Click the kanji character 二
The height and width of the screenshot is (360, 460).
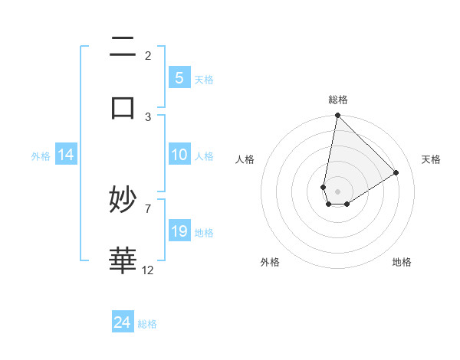click(123, 47)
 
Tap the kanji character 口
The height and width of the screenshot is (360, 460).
click(123, 106)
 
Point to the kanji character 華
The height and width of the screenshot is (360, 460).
click(123, 259)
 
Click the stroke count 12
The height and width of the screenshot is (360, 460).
click(148, 270)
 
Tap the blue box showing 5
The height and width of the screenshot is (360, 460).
click(179, 77)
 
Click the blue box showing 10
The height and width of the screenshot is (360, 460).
click(179, 155)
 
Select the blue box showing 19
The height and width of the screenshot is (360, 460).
click(179, 231)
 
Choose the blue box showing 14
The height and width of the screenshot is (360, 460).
click(66, 155)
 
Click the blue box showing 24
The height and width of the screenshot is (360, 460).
click(122, 322)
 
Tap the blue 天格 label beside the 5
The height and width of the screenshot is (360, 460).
click(204, 79)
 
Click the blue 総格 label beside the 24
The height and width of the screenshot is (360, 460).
click(147, 324)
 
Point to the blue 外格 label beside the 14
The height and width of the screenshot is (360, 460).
click(41, 155)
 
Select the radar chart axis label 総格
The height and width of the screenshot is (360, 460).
click(337, 100)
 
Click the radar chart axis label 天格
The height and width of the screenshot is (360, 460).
click(431, 159)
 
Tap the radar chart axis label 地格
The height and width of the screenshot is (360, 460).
click(402, 262)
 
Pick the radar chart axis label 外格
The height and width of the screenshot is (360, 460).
click(270, 262)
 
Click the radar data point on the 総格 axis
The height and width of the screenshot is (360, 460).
click(337, 116)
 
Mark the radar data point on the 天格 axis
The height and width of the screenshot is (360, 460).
click(396, 172)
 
